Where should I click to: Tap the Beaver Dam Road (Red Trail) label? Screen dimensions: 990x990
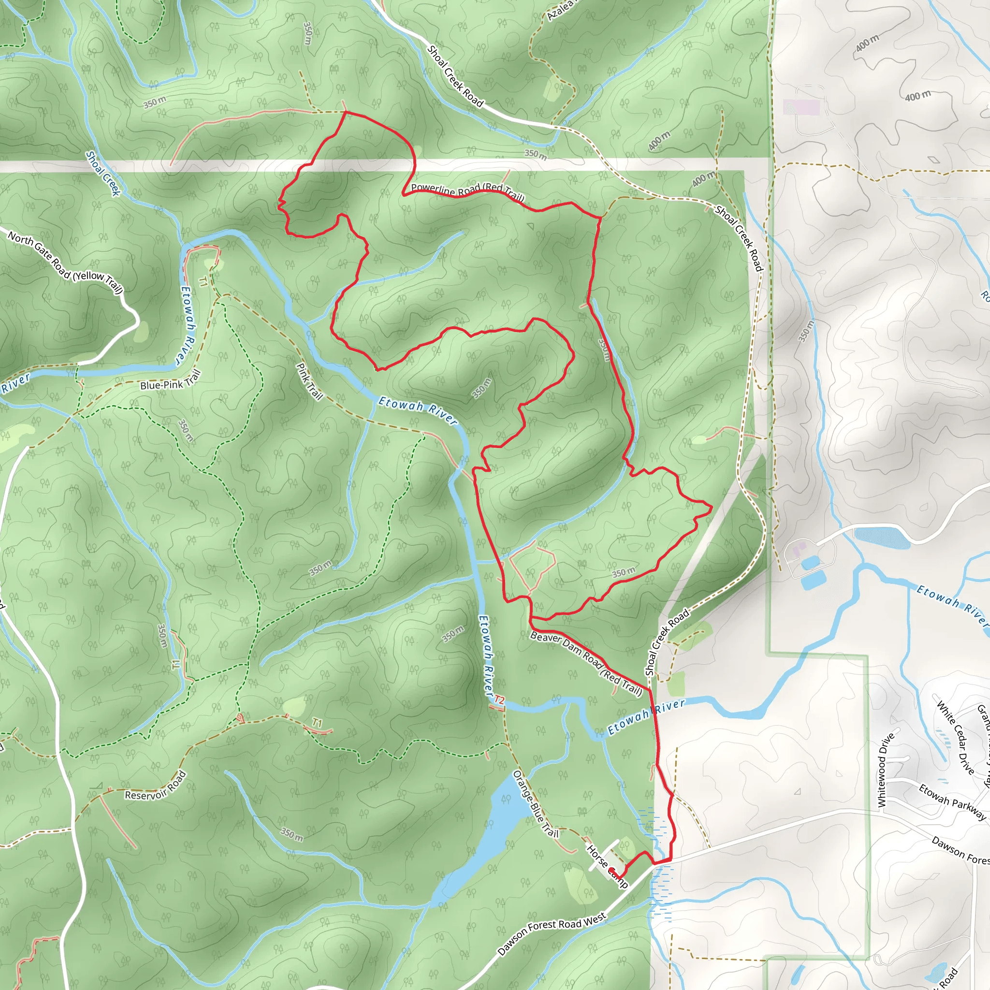tap(586, 664)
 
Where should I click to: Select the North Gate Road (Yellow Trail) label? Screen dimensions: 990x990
tap(66, 263)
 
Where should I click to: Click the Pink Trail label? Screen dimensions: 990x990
tap(309, 381)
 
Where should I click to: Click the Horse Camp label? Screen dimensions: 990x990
tap(607, 866)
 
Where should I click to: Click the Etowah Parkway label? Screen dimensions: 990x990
tap(952, 802)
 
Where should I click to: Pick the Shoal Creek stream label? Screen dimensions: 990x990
tap(103, 173)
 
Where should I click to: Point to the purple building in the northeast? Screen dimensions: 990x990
tap(801, 108)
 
